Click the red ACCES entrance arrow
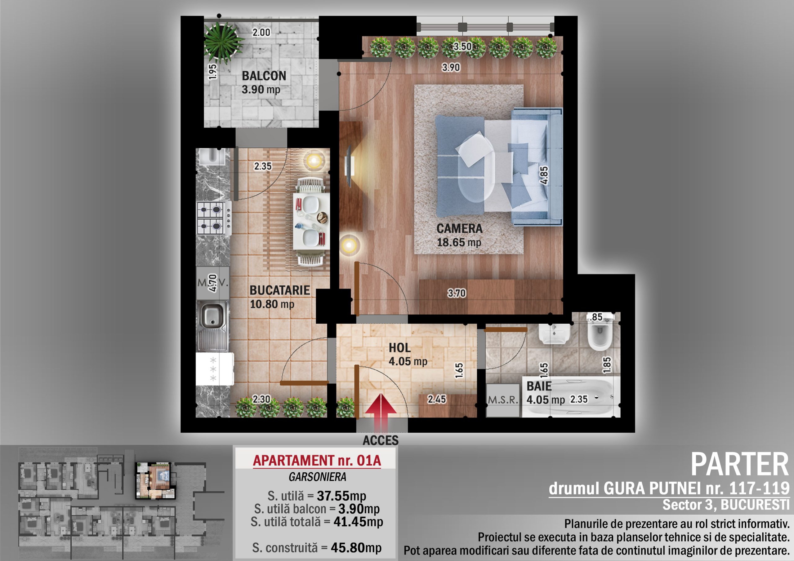(381, 413)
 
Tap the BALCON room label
(264, 76)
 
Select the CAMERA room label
(459, 228)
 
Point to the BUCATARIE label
(280, 290)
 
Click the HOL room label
(399, 348)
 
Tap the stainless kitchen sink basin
(212, 314)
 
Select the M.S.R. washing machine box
(503, 400)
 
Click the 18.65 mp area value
(458, 242)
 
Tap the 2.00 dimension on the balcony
(261, 33)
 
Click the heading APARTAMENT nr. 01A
(317, 461)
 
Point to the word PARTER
(740, 465)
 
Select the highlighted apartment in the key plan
(155, 480)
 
